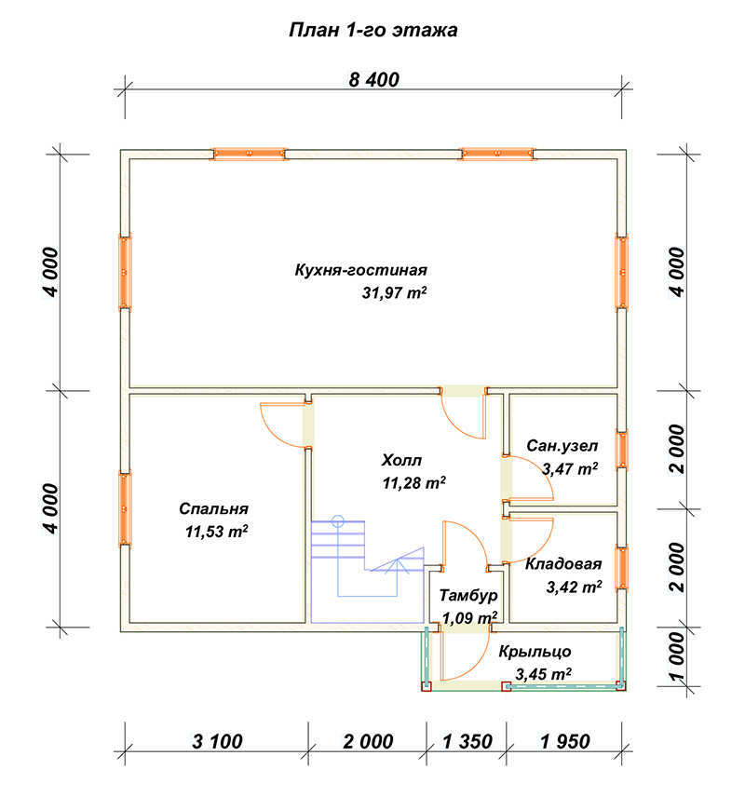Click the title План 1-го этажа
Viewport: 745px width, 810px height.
pyautogui.click(x=373, y=30)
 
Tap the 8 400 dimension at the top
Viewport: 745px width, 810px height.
pyautogui.click(x=374, y=80)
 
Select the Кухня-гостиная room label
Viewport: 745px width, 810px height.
pyautogui.click(x=361, y=270)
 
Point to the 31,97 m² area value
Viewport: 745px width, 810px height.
pyautogui.click(x=394, y=293)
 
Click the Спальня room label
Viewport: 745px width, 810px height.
pyautogui.click(x=214, y=509)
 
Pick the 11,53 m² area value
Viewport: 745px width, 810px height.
pyautogui.click(x=216, y=532)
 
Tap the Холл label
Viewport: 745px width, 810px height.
pyautogui.click(x=402, y=460)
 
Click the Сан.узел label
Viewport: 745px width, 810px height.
pyautogui.click(x=562, y=446)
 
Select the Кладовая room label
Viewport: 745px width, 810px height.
pyautogui.click(x=563, y=564)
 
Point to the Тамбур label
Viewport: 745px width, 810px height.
pyautogui.click(x=468, y=596)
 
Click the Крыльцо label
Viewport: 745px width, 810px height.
pyautogui.click(x=535, y=652)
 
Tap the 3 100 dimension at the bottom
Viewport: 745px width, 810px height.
pyautogui.click(x=217, y=742)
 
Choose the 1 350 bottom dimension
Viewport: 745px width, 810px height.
pyautogui.click(x=467, y=742)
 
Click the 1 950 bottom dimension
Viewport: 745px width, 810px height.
pyautogui.click(x=565, y=742)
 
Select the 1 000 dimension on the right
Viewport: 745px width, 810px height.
pyautogui.click(x=678, y=656)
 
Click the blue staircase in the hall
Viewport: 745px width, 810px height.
pyautogui.click(x=367, y=558)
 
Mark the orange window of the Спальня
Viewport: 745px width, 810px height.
pyautogui.click(x=125, y=509)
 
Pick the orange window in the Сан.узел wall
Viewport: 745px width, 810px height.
pyautogui.click(x=622, y=450)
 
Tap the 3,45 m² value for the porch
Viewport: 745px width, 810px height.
pyautogui.click(x=543, y=675)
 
